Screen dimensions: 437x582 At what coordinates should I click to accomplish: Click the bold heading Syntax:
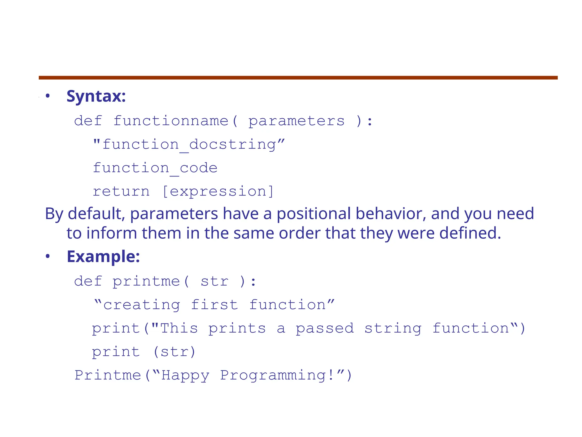(x=96, y=96)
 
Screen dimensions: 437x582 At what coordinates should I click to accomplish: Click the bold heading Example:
(x=103, y=257)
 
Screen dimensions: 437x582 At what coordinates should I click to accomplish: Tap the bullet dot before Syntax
(x=48, y=96)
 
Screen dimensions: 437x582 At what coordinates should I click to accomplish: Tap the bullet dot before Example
(x=48, y=257)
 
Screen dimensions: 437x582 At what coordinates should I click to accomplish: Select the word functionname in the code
(x=171, y=121)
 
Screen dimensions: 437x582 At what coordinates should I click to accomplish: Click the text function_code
(x=155, y=168)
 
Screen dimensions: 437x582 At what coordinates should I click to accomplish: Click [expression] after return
(x=218, y=191)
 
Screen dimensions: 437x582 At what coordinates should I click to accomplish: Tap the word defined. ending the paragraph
(x=470, y=233)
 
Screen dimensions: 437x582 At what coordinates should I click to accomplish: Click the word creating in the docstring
(x=142, y=305)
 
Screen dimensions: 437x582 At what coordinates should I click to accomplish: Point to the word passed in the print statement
(x=325, y=329)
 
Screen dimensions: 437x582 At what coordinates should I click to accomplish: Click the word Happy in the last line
(x=185, y=376)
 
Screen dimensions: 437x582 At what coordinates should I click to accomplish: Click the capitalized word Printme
(x=108, y=375)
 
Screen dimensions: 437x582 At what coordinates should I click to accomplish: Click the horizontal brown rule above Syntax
(x=298, y=78)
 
